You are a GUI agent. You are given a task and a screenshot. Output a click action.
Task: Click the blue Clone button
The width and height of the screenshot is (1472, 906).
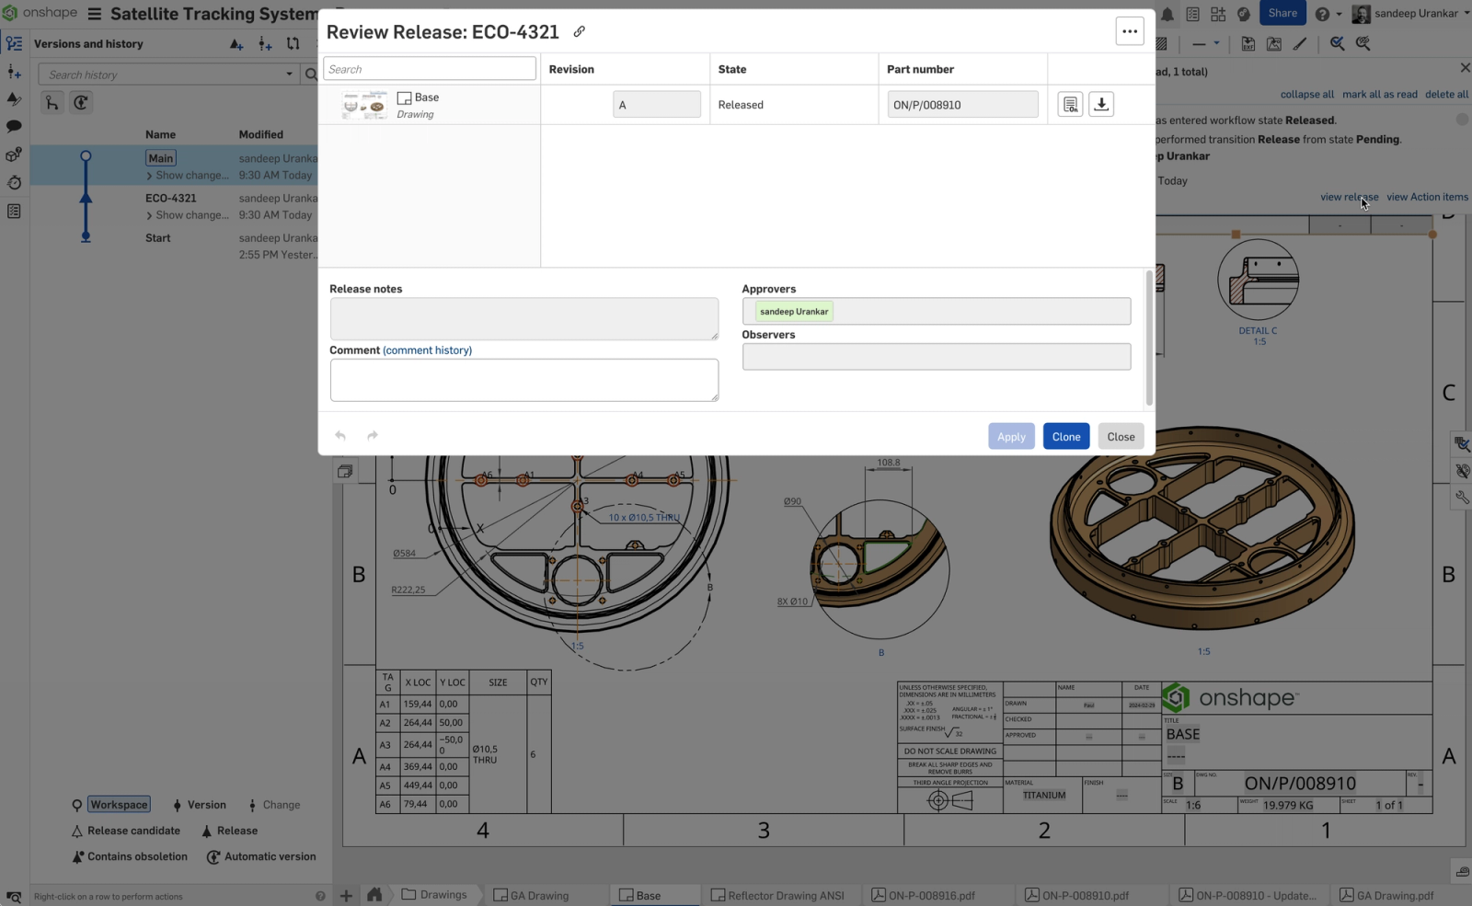coord(1065,436)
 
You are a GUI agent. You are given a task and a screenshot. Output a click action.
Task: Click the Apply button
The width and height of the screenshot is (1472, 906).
coord(1011,436)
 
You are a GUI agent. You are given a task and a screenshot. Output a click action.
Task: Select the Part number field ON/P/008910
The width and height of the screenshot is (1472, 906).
coord(961,105)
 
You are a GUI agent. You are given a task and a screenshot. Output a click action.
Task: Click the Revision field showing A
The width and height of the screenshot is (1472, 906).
coord(656,105)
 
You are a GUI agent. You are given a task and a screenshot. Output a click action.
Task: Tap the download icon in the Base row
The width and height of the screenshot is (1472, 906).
coord(1101,104)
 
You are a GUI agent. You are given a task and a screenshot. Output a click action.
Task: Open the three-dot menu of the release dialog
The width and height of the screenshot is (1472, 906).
coord(1130,31)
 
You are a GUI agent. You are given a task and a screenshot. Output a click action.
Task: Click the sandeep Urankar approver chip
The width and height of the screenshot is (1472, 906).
coord(794,312)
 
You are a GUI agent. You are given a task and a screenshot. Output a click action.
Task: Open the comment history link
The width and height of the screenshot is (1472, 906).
coord(427,350)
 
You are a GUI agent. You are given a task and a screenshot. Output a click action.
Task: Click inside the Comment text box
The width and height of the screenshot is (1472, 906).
coord(523,380)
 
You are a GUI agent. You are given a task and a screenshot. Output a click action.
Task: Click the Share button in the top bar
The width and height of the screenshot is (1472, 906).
coord(1282,13)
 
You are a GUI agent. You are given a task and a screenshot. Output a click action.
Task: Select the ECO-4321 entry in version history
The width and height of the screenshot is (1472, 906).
coord(171,198)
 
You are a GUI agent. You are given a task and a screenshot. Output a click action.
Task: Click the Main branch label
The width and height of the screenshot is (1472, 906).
coord(161,158)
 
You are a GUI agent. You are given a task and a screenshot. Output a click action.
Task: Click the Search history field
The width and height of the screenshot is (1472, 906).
coord(166,75)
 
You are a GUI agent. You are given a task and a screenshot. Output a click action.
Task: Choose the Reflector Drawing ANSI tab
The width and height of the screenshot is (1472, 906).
coord(785,895)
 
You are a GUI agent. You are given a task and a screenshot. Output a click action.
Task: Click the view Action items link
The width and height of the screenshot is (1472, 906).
coord(1427,197)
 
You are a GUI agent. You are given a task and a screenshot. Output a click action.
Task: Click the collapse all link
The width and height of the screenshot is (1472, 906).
coord(1306,94)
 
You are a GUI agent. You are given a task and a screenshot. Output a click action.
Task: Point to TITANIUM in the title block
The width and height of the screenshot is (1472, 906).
coord(1044,796)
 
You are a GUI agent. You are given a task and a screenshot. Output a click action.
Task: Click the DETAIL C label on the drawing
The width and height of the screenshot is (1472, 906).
coord(1258,331)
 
